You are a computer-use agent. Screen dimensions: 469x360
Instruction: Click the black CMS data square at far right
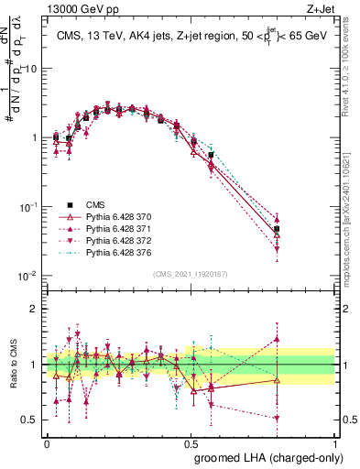277,230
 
